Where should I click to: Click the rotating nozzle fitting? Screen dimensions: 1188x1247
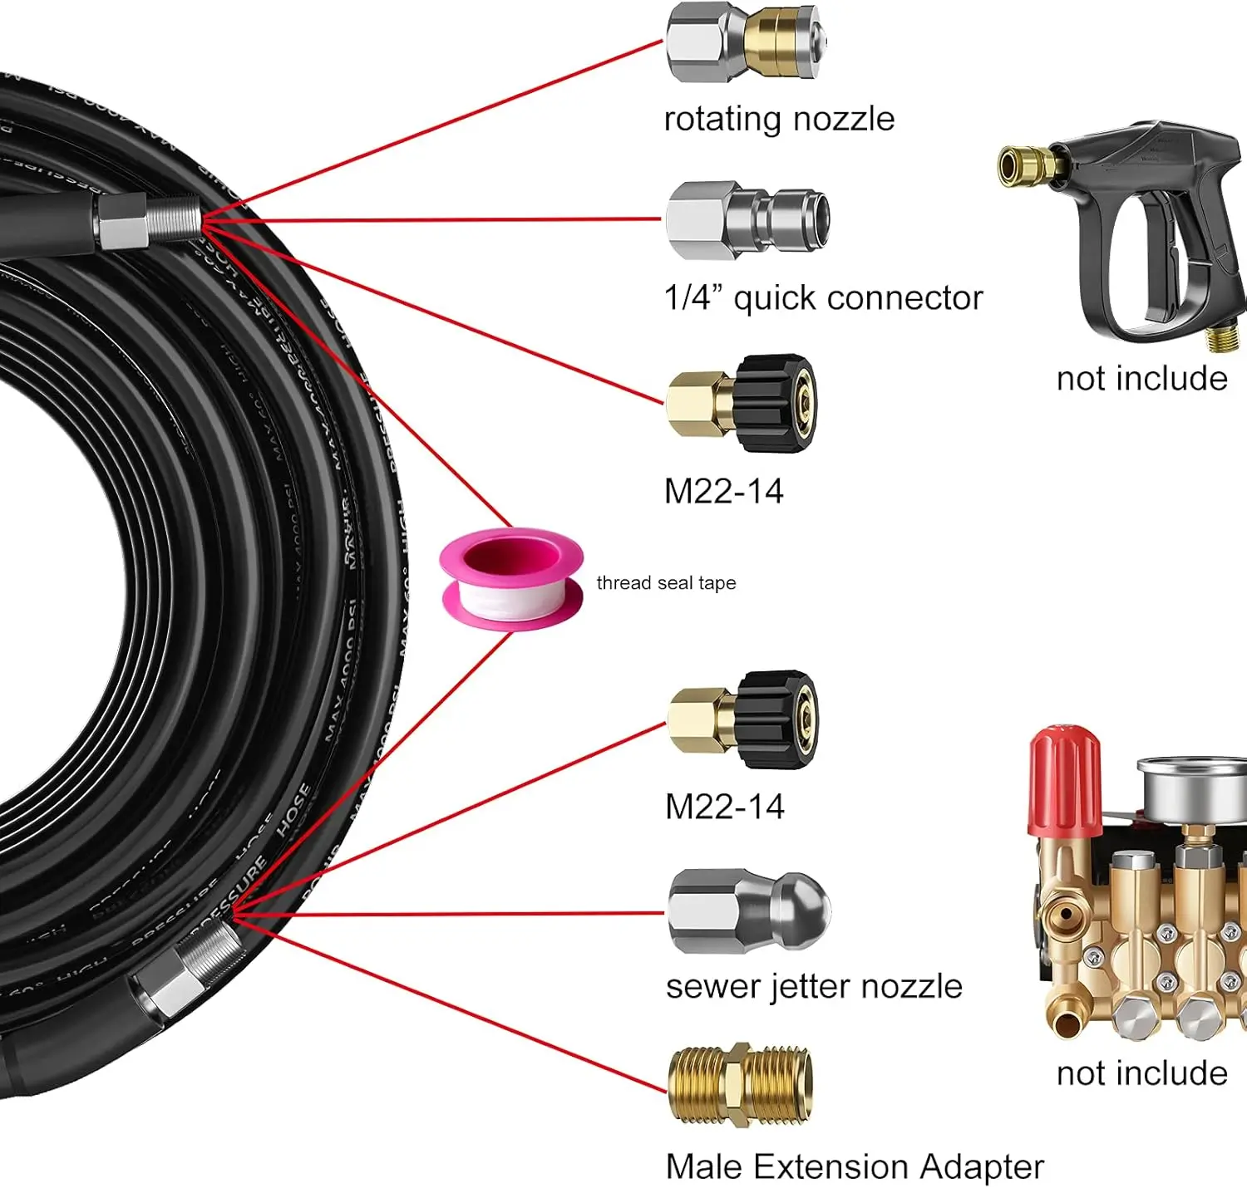click(x=746, y=42)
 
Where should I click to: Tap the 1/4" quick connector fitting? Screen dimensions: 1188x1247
click(x=747, y=220)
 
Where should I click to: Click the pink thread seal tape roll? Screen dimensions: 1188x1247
click(x=511, y=579)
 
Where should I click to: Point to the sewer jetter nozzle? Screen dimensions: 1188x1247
click(x=748, y=911)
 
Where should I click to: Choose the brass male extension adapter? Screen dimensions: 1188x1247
click(x=740, y=1086)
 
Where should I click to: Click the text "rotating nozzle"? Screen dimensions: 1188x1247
click(x=779, y=120)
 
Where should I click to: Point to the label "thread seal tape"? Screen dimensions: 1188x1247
click(x=666, y=583)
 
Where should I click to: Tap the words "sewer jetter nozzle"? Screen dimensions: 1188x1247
click(x=814, y=987)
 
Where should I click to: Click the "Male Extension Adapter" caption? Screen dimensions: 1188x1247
click(x=855, y=1167)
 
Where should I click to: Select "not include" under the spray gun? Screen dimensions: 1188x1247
click(x=1141, y=379)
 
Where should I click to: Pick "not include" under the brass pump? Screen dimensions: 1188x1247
click(x=1141, y=1073)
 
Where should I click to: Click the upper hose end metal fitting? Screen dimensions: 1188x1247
click(x=150, y=221)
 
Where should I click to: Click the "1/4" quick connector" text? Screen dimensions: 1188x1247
click(x=823, y=298)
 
